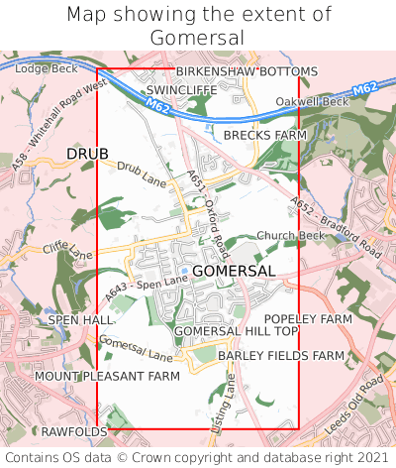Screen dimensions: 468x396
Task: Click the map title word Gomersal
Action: point(198,38)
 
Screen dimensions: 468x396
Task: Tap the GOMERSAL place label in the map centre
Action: point(235,270)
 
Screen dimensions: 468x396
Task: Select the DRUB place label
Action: point(87,154)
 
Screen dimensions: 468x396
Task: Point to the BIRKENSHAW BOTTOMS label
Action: point(247,71)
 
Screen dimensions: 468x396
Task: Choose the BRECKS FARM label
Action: point(265,134)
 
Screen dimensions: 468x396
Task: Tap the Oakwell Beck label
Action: point(312,101)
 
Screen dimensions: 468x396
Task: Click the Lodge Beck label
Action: point(46,68)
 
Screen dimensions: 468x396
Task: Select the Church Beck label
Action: point(290,235)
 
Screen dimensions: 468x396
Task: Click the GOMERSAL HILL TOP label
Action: point(236,331)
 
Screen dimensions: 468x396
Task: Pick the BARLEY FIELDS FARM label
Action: point(281,355)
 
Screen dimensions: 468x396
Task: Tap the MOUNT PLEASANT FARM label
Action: point(107,377)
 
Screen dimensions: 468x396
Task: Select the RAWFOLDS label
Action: point(73,432)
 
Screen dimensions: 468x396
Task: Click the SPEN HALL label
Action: point(81,321)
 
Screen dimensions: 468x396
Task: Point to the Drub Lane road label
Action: point(142,175)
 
